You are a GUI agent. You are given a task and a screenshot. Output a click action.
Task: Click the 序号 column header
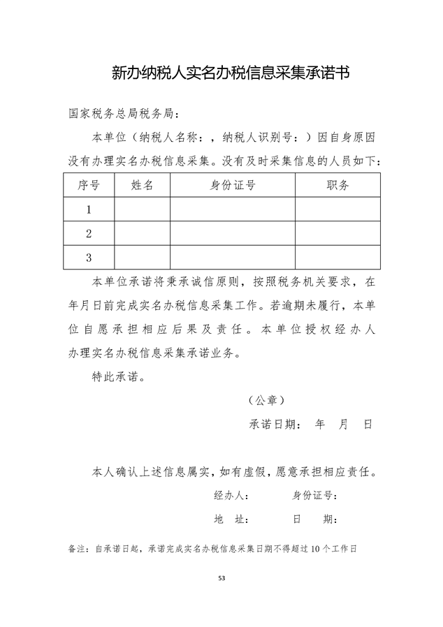[89, 185]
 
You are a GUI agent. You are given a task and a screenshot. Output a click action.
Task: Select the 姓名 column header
[142, 185]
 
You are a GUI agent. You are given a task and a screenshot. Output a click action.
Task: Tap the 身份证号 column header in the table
[233, 185]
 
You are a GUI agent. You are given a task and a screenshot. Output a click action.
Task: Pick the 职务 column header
[337, 185]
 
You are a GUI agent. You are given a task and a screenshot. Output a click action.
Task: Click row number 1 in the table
[89, 209]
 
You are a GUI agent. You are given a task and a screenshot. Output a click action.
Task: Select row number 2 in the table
[89, 233]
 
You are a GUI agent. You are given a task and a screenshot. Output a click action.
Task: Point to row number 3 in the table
[89, 258]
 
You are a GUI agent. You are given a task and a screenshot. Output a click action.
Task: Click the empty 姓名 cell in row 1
[142, 209]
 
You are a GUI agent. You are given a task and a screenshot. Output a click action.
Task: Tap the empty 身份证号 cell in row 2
[233, 233]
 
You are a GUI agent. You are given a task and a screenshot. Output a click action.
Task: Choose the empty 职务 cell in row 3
[337, 258]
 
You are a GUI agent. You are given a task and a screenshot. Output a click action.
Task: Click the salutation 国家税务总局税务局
[124, 113]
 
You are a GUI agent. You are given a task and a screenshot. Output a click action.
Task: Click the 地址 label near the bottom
[231, 520]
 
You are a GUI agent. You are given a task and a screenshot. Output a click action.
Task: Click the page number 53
[221, 578]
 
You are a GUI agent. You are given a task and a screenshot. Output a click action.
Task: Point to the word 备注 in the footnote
[77, 549]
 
